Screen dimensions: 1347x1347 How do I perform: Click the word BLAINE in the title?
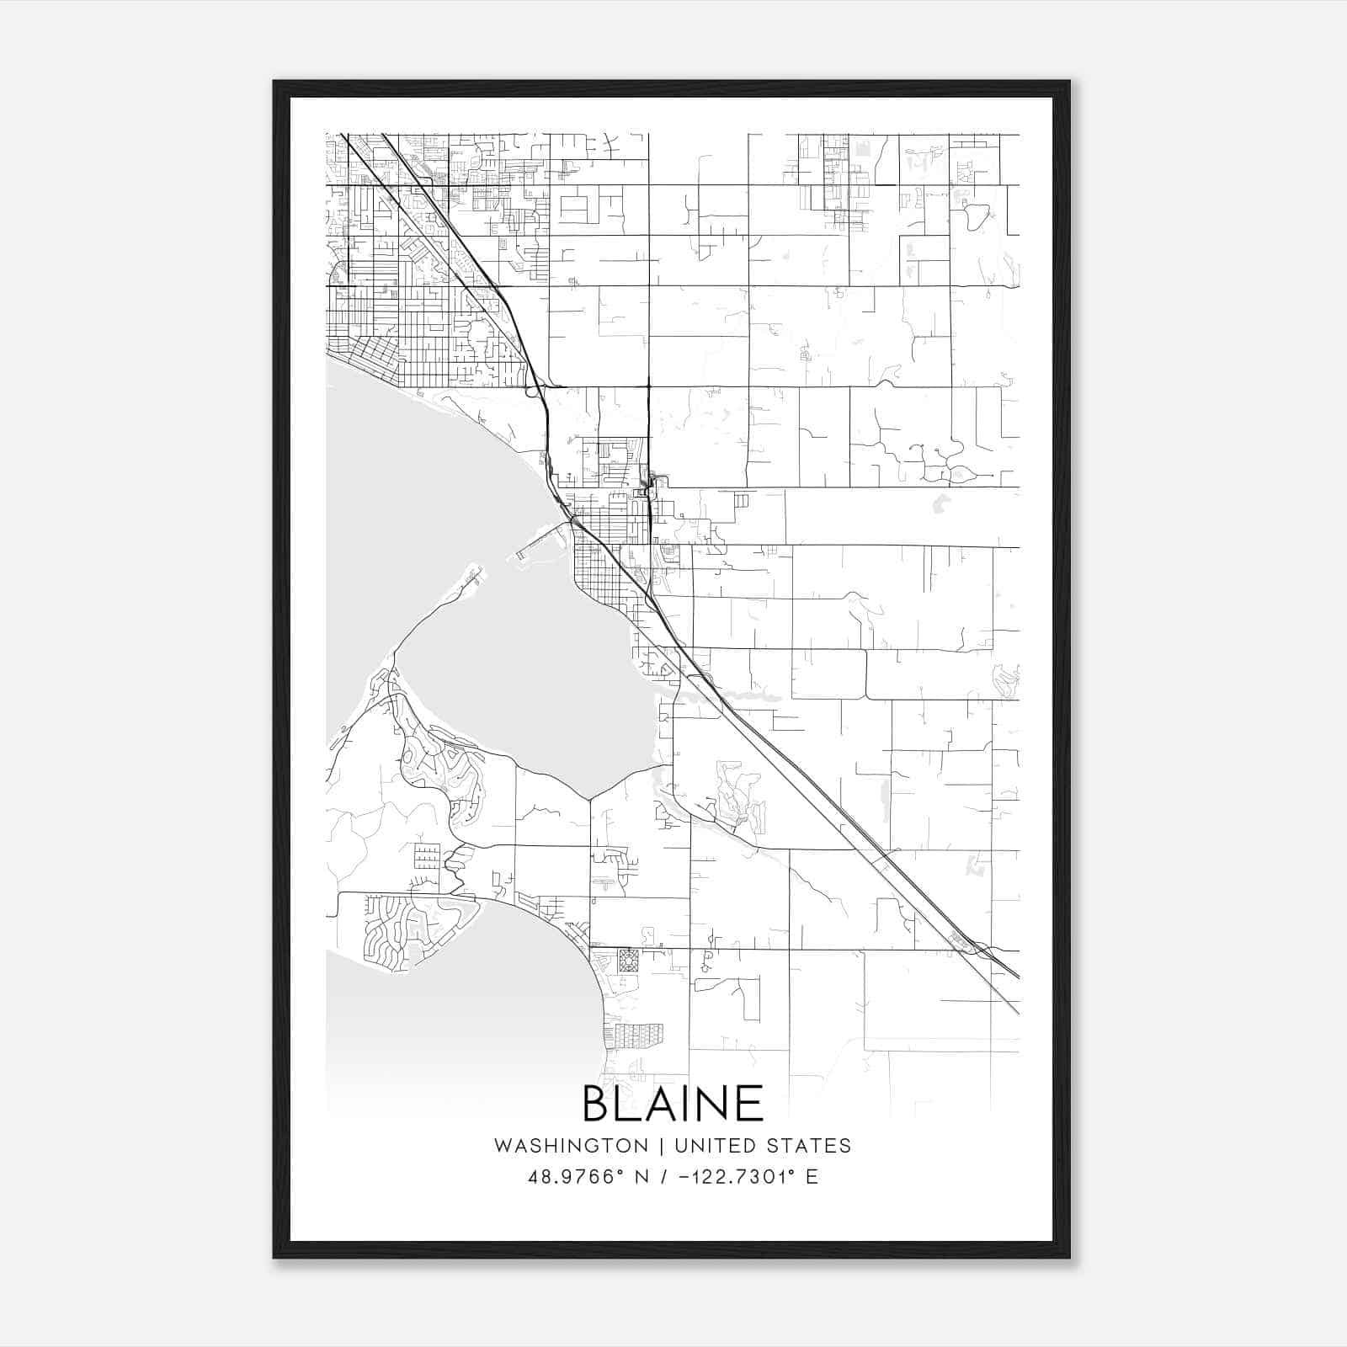point(673,1104)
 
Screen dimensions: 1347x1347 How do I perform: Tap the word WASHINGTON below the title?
point(571,1146)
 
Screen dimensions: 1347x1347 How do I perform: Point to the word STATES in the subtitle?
point(809,1146)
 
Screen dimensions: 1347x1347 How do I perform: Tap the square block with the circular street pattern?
point(628,961)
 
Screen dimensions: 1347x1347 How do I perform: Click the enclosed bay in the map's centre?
point(522,673)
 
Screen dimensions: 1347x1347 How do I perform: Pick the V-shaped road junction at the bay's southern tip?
point(589,798)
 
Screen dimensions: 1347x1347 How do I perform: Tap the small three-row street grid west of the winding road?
point(427,855)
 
